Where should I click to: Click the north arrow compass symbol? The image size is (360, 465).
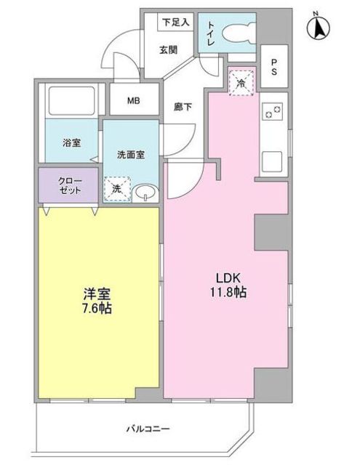tap(319, 28)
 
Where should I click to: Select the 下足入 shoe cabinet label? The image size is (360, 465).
tap(176, 22)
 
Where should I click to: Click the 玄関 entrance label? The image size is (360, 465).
tap(169, 50)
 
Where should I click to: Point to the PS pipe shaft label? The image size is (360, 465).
tap(274, 67)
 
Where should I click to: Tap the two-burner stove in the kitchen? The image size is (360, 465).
tap(273, 111)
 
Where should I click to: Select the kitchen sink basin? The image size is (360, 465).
tap(272, 161)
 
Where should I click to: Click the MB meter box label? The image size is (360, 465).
tap(134, 100)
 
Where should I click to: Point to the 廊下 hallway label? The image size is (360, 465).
tap(183, 107)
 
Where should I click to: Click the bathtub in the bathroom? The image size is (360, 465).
tap(71, 100)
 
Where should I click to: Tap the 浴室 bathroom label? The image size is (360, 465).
tap(72, 142)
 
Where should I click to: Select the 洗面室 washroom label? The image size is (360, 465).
tap(131, 155)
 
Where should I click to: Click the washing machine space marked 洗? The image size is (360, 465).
tap(117, 189)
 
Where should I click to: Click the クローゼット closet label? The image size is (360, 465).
tap(70, 185)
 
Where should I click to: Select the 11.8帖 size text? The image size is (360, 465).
tap(228, 292)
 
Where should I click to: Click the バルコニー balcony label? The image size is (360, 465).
tap(148, 429)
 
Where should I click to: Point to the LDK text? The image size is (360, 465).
tap(228, 278)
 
